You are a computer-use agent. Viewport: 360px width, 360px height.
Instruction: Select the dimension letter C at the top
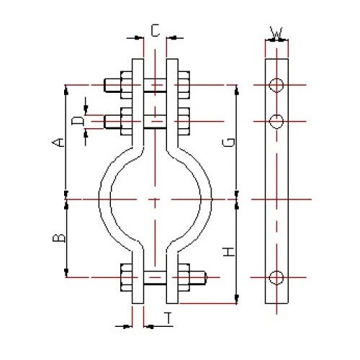click(155, 30)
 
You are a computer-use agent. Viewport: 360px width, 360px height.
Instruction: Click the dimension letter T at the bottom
click(167, 317)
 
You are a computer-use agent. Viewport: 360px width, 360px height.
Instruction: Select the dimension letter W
click(275, 32)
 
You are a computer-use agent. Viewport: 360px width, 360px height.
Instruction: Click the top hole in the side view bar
click(275, 85)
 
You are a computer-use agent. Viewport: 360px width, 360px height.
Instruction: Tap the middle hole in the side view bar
click(275, 120)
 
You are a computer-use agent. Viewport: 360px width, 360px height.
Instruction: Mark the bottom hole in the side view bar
click(275, 276)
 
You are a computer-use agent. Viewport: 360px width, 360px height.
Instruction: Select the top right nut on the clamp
click(182, 85)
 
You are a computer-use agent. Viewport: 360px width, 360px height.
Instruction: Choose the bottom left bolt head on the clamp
click(126, 276)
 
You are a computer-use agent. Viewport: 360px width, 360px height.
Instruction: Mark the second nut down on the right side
click(182, 120)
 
